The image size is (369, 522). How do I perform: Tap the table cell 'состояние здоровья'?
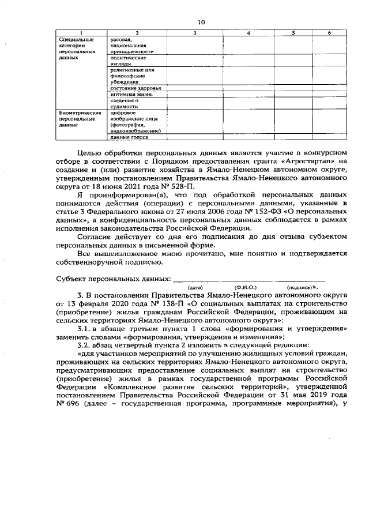coord(135,88)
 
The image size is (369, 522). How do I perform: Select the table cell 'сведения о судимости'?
coord(125,103)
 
